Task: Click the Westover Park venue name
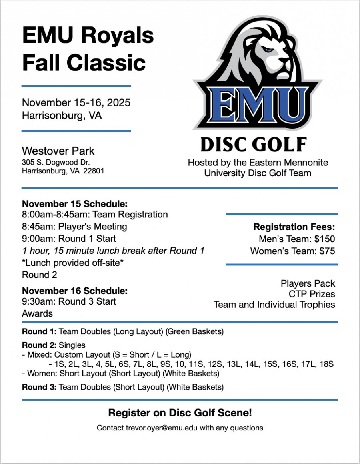[x=58, y=151]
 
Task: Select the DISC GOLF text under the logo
[x=254, y=145]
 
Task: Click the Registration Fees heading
[x=294, y=227]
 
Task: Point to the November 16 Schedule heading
[x=75, y=291]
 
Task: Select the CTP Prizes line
[x=312, y=294]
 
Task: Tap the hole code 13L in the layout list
[x=235, y=364]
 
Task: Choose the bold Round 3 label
[x=39, y=387]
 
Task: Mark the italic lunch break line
[x=113, y=251]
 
